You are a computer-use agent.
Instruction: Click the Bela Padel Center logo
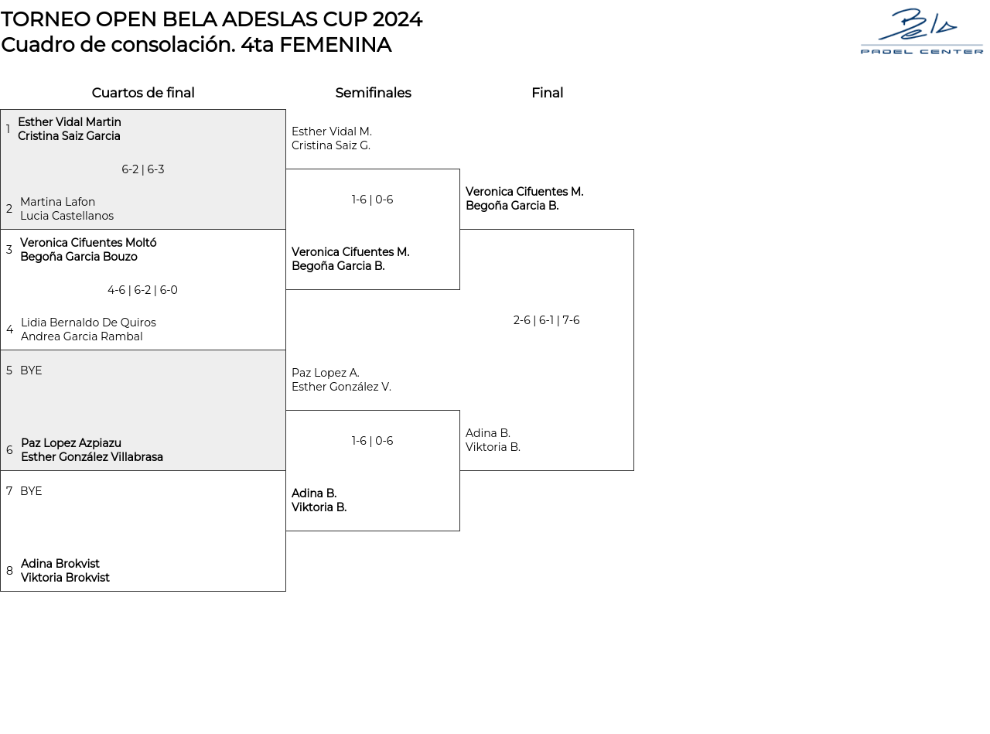pyautogui.click(x=921, y=32)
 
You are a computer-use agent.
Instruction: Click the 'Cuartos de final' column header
pyautogui.click(x=143, y=93)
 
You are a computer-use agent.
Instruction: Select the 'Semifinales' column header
pyautogui.click(x=373, y=93)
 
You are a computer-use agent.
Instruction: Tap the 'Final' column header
pyautogui.click(x=547, y=93)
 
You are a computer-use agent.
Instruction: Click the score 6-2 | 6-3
pyautogui.click(x=143, y=169)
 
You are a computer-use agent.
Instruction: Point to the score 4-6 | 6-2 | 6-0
pyautogui.click(x=143, y=290)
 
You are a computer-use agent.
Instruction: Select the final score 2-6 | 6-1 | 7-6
pyautogui.click(x=547, y=320)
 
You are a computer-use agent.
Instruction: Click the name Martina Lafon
pyautogui.click(x=58, y=202)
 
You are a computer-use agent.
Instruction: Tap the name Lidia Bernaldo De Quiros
pyautogui.click(x=88, y=323)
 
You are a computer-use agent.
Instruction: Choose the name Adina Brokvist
pyautogui.click(x=60, y=564)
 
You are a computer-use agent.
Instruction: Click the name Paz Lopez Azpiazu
pyautogui.click(x=71, y=443)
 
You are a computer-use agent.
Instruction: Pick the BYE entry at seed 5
pyautogui.click(x=31, y=370)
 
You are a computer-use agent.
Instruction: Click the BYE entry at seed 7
pyautogui.click(x=31, y=491)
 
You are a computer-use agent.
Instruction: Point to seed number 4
pyautogui.click(x=9, y=329)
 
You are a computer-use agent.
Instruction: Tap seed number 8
pyautogui.click(x=9, y=571)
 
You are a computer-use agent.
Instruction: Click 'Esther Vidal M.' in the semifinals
pyautogui.click(x=332, y=131)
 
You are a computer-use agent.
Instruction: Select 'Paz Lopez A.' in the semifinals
pyautogui.click(x=326, y=373)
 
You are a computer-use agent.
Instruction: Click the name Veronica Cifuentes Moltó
pyautogui.click(x=88, y=243)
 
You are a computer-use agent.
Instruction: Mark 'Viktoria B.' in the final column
pyautogui.click(x=493, y=447)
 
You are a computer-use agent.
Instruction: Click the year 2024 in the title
pyautogui.click(x=398, y=19)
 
